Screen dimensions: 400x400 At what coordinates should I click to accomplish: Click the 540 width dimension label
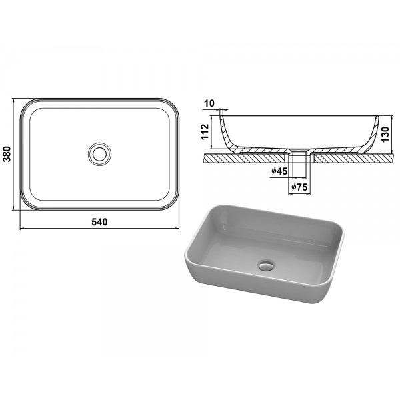coord(99,222)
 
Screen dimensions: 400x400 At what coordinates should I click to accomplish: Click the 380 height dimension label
coord(7,154)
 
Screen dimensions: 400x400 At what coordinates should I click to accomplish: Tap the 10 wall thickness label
coord(210,103)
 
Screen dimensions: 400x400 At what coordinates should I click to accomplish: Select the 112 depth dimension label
coord(205,131)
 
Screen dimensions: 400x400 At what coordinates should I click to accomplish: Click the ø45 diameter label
coord(279,171)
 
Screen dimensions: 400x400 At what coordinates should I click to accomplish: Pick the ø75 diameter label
coord(299,187)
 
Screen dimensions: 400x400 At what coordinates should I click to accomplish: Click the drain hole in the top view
coord(99,154)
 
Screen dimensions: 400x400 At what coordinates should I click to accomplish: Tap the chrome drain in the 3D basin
coord(266,265)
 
